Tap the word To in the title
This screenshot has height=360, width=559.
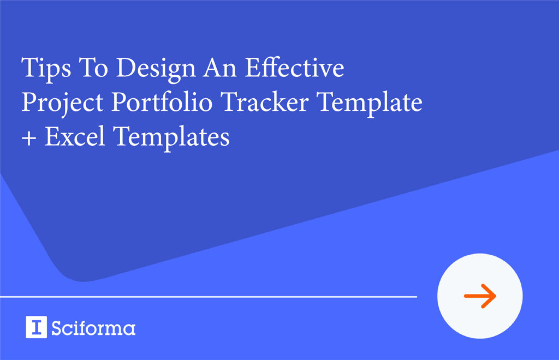[86, 69]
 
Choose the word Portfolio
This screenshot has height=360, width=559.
[150, 103]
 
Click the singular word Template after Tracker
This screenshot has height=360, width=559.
[364, 104]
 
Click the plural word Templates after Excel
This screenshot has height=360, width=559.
[171, 137]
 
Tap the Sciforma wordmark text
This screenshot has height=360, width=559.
[93, 328]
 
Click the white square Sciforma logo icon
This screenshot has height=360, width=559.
[36, 327]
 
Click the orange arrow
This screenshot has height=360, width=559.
[480, 296]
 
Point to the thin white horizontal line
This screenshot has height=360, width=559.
[208, 297]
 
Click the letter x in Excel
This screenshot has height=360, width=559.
[67, 139]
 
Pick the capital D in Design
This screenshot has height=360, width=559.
[127, 69]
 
